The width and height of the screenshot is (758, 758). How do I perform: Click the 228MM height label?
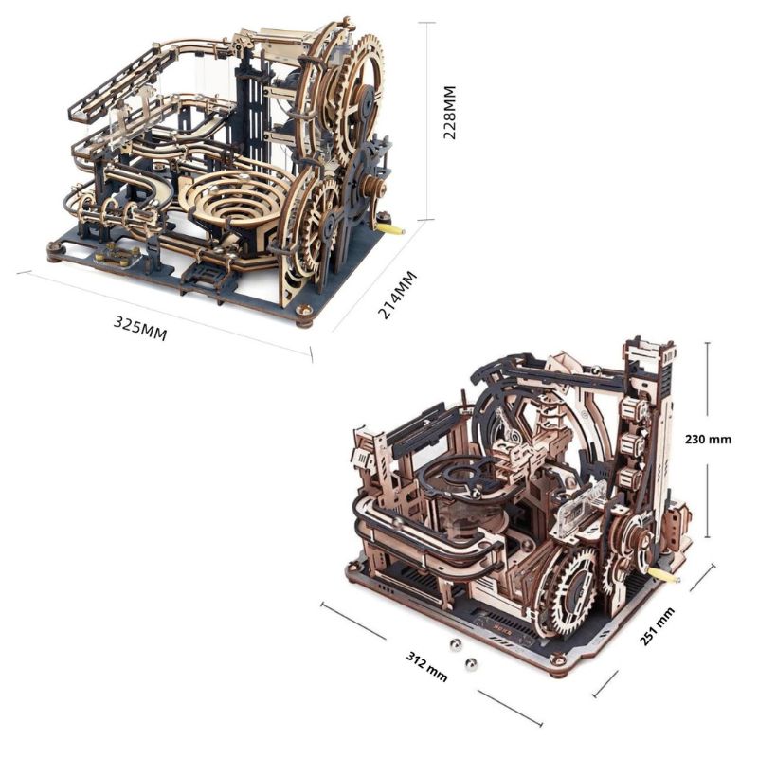click(x=449, y=112)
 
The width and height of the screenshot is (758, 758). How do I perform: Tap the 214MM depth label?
click(x=396, y=295)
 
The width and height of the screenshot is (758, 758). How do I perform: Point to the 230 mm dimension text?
click(x=708, y=440)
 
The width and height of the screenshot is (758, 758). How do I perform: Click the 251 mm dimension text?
click(x=657, y=626)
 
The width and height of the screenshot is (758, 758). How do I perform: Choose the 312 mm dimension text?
click(x=426, y=667)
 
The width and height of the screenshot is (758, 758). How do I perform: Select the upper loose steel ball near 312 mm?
click(x=455, y=645)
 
